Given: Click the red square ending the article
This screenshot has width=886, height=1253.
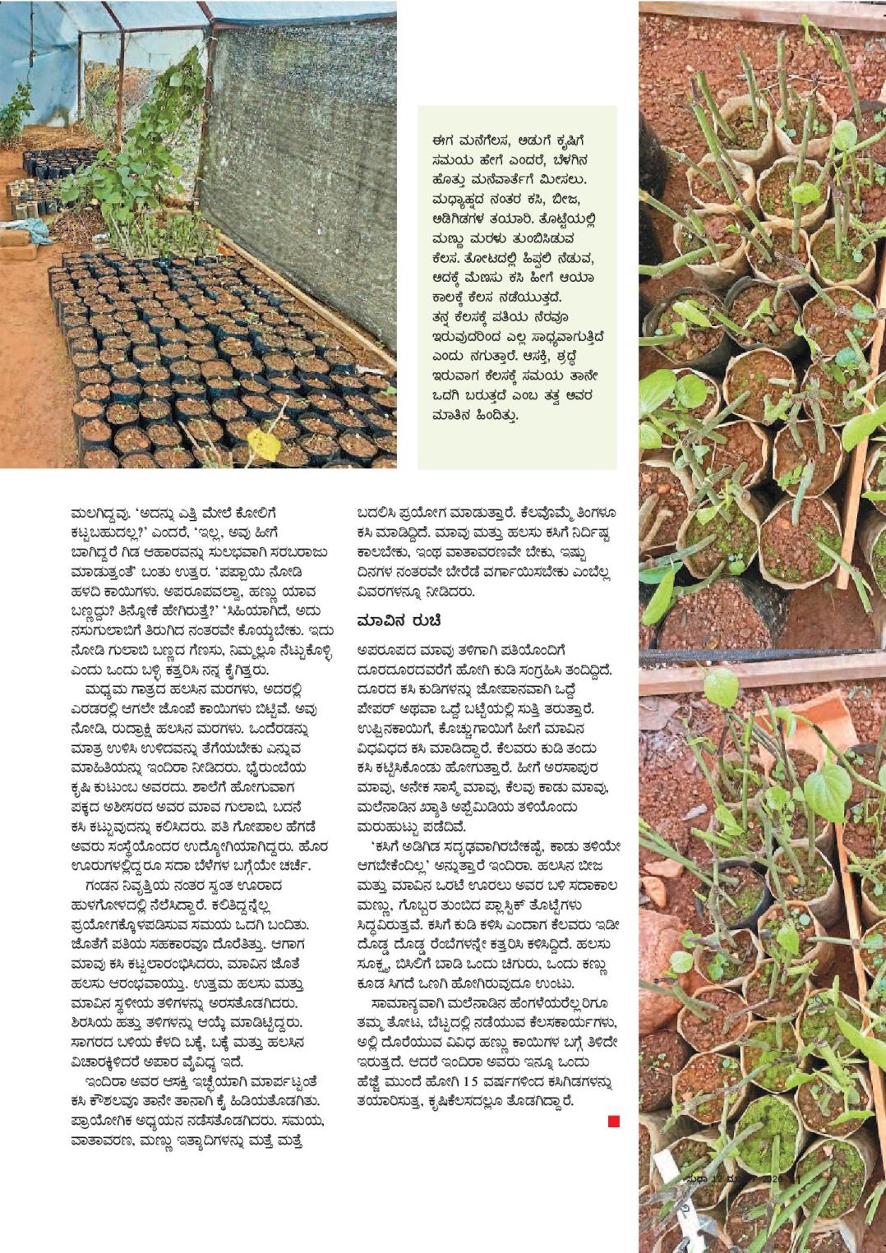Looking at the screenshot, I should (x=613, y=1122).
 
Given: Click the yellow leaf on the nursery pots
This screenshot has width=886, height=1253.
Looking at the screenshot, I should (x=264, y=444).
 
